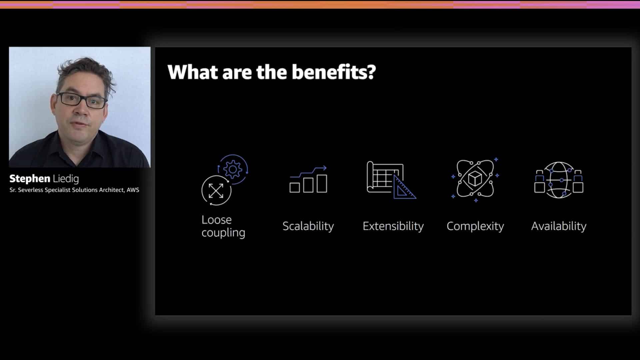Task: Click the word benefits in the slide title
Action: pyautogui.click(x=334, y=72)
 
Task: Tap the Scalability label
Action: pyautogui.click(x=308, y=226)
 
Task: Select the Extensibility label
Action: pyautogui.click(x=393, y=226)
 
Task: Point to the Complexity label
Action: pyautogui.click(x=475, y=226)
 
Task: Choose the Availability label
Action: pyautogui.click(x=559, y=226)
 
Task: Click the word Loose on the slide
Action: pyautogui.click(x=216, y=220)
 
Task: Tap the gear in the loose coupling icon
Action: pyautogui.click(x=233, y=169)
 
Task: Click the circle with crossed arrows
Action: pyautogui.click(x=216, y=190)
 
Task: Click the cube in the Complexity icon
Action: pyautogui.click(x=475, y=179)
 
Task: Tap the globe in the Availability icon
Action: pyautogui.click(x=559, y=180)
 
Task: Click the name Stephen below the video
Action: pyautogui.click(x=30, y=179)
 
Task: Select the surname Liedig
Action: pyautogui.click(x=66, y=179)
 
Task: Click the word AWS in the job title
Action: pyautogui.click(x=133, y=190)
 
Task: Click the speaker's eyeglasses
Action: pyautogui.click(x=82, y=100)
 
